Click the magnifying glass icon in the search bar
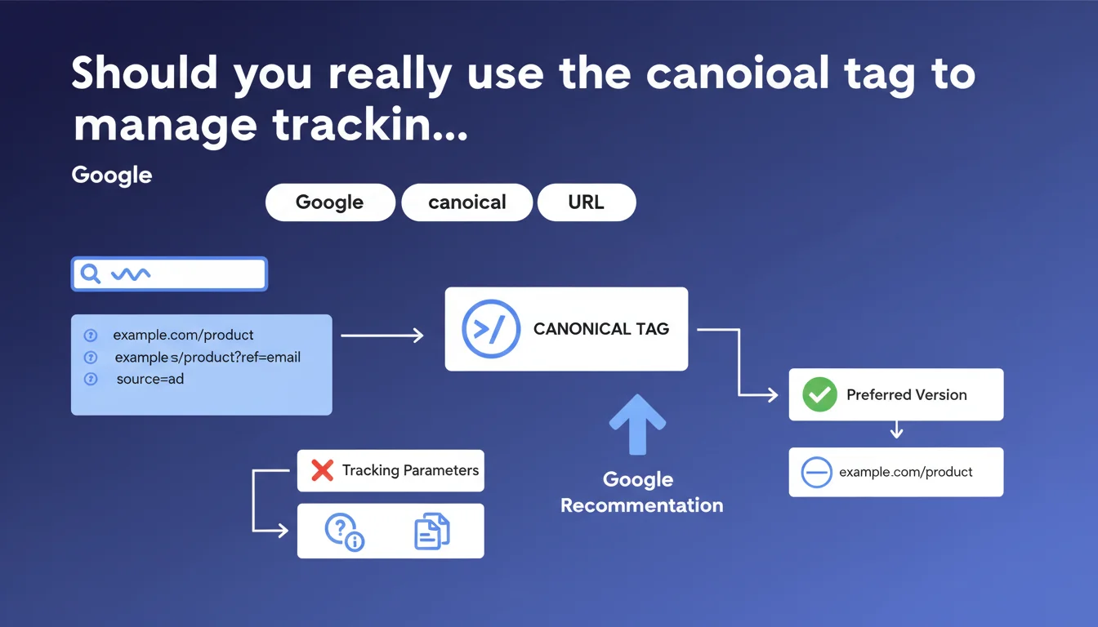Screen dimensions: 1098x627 click(x=90, y=273)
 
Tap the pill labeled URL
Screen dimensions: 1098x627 click(x=587, y=202)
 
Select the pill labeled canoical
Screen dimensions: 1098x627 click(x=466, y=202)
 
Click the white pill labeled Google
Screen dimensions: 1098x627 click(x=330, y=202)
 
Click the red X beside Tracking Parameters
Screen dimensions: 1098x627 click(x=322, y=470)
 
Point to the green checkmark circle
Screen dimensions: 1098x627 click(x=819, y=394)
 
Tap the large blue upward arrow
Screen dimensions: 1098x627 click(x=637, y=425)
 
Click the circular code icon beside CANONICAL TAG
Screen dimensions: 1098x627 click(x=491, y=329)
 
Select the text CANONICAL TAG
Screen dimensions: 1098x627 click(x=601, y=329)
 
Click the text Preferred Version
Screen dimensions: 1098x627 click(x=906, y=395)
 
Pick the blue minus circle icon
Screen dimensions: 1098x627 click(x=816, y=472)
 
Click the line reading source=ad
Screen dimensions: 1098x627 click(x=150, y=379)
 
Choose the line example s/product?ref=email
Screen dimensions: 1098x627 click(x=208, y=358)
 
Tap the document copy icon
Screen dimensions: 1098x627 click(x=432, y=531)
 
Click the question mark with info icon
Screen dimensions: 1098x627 click(x=344, y=532)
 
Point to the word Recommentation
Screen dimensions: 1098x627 click(x=641, y=505)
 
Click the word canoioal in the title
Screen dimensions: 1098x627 click(x=737, y=73)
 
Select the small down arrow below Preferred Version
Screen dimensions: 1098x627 click(x=896, y=429)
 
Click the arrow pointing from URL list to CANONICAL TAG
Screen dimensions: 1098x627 click(x=382, y=336)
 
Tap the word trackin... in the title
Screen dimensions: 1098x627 click(x=369, y=125)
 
